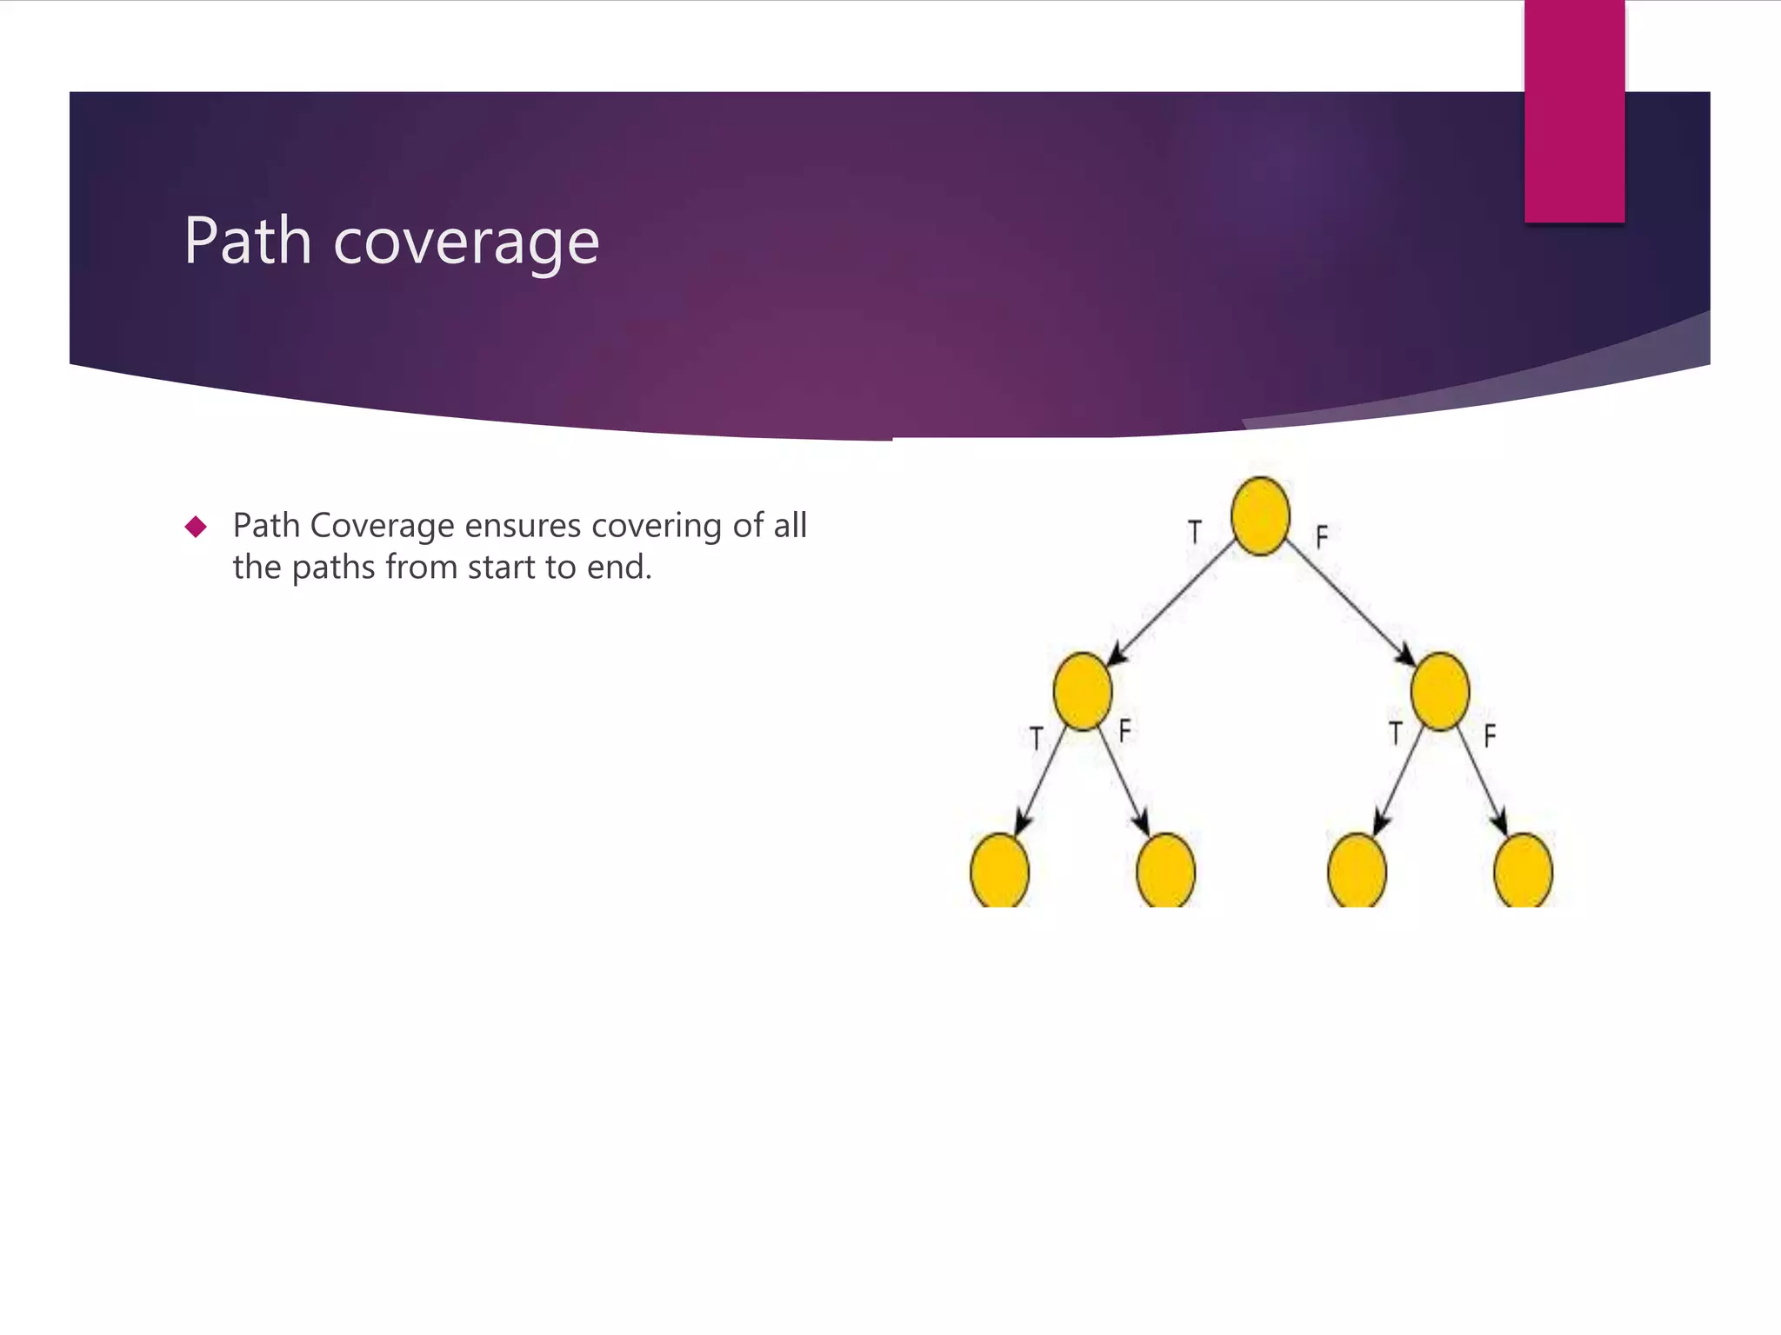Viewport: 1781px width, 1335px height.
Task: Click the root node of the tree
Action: [1260, 516]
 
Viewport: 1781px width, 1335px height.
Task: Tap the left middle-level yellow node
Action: [1082, 692]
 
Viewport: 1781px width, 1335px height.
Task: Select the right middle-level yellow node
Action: [1440, 692]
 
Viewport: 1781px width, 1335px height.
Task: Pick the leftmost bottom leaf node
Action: [999, 870]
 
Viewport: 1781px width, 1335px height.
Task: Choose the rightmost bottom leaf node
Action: [1523, 870]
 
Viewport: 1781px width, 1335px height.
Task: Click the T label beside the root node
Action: [1195, 532]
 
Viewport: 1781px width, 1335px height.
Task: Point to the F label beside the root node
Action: [1322, 537]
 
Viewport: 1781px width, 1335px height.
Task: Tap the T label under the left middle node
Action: [1036, 739]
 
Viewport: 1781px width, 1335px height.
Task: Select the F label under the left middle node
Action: [1124, 731]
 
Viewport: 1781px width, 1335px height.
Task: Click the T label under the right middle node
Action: [1396, 734]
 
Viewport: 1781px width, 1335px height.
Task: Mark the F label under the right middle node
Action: [1490, 736]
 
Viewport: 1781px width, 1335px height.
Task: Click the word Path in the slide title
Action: [248, 241]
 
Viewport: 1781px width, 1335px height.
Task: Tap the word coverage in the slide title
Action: [466, 243]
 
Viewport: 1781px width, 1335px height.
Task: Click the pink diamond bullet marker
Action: [196, 527]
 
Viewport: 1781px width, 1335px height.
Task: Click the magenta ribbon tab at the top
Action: [1574, 111]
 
